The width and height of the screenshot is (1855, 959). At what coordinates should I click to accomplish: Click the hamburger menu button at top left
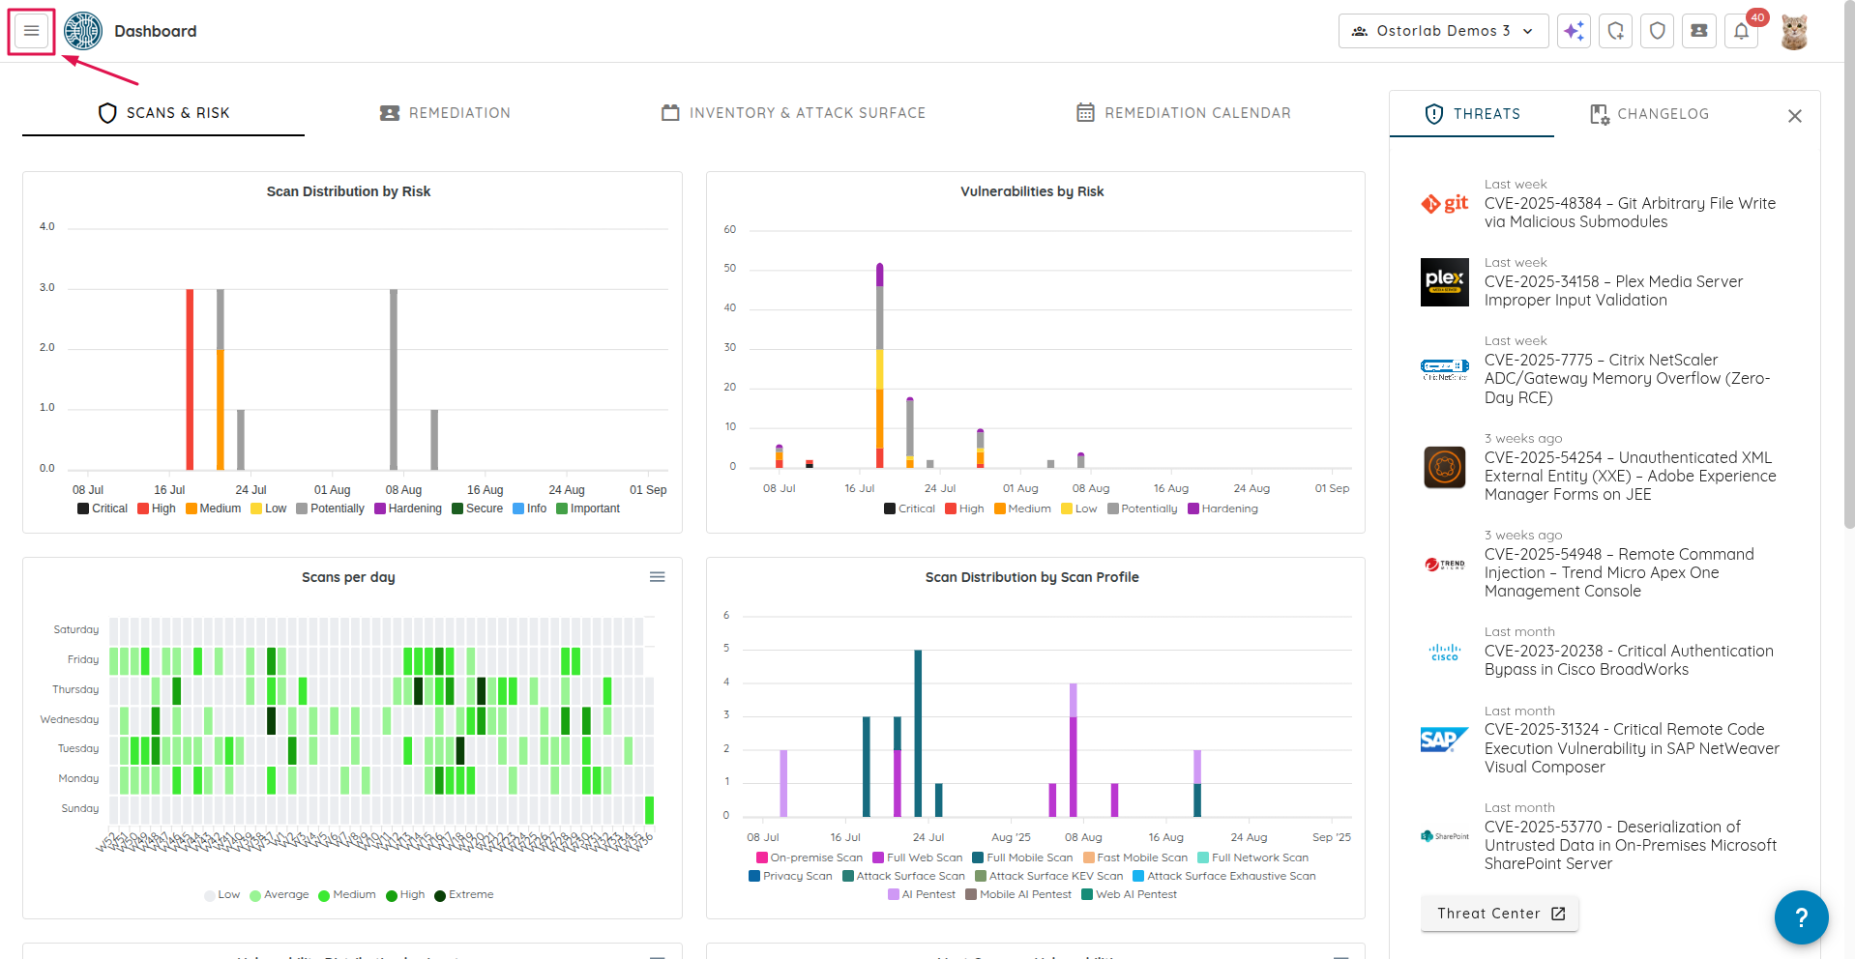pyautogui.click(x=32, y=32)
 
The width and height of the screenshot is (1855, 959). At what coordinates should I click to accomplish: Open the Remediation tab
pyautogui.click(x=445, y=113)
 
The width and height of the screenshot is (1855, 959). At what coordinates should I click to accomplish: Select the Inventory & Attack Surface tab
pyautogui.click(x=793, y=113)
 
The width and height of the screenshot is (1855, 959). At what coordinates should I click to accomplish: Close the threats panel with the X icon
pyautogui.click(x=1794, y=116)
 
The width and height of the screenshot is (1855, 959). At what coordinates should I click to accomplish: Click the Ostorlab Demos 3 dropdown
pyautogui.click(x=1442, y=31)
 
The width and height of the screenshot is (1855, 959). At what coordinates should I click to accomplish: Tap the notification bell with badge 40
pyautogui.click(x=1741, y=31)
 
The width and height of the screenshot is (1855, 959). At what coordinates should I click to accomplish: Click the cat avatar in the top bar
pyautogui.click(x=1794, y=32)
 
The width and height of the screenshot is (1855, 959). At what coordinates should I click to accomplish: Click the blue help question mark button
pyautogui.click(x=1801, y=916)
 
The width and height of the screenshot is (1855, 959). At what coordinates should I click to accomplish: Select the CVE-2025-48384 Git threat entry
pyautogui.click(x=1630, y=213)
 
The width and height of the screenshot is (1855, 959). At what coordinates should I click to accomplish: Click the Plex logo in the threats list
pyautogui.click(x=1444, y=282)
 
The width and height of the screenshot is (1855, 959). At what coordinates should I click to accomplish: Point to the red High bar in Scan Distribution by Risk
pyautogui.click(x=190, y=379)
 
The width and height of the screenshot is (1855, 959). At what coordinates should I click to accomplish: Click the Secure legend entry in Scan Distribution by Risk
pyautogui.click(x=478, y=509)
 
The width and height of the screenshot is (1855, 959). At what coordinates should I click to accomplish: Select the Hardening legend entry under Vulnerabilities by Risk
pyautogui.click(x=1223, y=509)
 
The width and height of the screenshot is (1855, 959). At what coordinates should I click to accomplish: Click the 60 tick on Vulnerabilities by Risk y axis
pyautogui.click(x=730, y=230)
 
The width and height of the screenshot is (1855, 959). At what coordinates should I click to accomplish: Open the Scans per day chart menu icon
pyautogui.click(x=657, y=577)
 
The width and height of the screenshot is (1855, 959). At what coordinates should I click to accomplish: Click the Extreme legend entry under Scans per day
pyautogui.click(x=464, y=895)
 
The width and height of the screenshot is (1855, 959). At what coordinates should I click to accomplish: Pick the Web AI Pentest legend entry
pyautogui.click(x=1129, y=895)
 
